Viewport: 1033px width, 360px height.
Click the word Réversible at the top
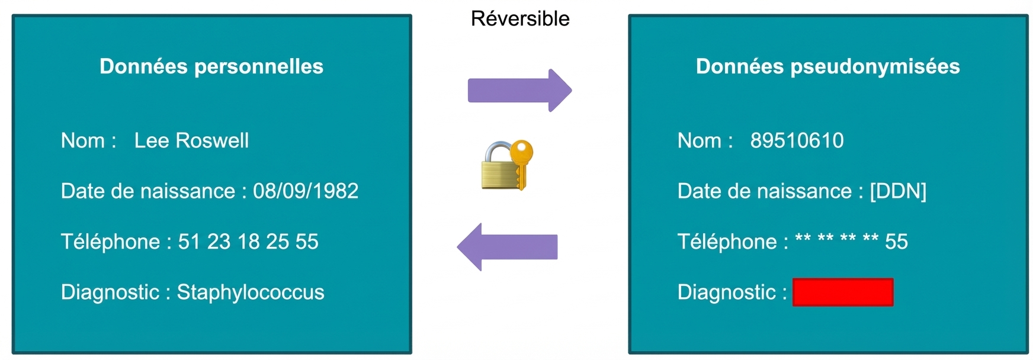[520, 19]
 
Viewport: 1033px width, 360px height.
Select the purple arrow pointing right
[519, 91]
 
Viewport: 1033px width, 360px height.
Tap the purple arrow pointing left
[507, 247]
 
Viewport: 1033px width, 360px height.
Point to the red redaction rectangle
[843, 292]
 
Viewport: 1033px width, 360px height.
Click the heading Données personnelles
[211, 66]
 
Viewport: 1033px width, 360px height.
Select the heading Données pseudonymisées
[827, 66]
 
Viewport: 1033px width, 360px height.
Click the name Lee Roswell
[191, 141]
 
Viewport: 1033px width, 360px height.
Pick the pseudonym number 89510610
[797, 141]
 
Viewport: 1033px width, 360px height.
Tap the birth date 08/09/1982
[306, 191]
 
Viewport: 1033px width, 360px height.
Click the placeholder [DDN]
[898, 191]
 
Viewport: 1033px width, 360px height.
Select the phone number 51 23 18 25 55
[248, 242]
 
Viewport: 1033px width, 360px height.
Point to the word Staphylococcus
[251, 292]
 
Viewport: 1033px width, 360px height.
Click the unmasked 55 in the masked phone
[896, 242]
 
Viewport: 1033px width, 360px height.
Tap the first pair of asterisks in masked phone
[803, 238]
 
